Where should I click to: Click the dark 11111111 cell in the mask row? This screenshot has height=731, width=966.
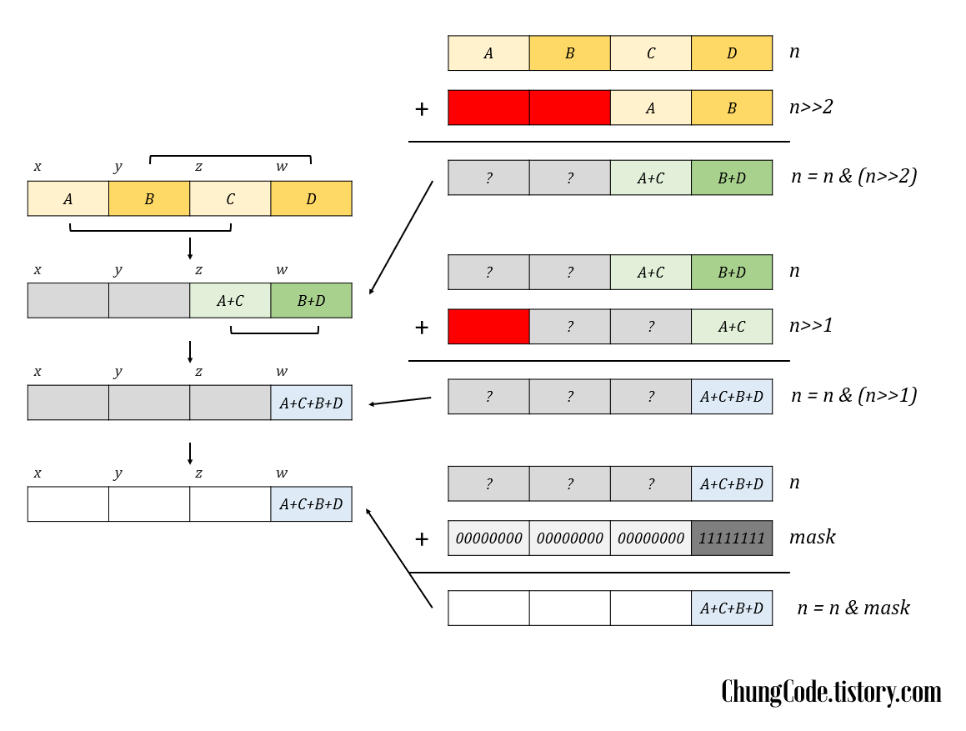tap(732, 538)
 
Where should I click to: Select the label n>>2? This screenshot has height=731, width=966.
tap(811, 107)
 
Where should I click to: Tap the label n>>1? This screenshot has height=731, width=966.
tap(811, 326)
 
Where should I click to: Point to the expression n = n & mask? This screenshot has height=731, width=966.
tap(853, 608)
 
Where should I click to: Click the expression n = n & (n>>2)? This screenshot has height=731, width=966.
tap(853, 177)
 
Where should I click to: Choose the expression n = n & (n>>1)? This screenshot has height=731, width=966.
tap(853, 395)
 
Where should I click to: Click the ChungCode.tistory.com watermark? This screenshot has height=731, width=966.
tap(831, 692)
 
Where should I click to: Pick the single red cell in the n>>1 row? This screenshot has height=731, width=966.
tap(488, 327)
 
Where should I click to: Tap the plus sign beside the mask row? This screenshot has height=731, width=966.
tap(422, 539)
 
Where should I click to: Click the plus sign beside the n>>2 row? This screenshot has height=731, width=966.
tap(422, 108)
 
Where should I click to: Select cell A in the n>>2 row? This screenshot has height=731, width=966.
tap(651, 108)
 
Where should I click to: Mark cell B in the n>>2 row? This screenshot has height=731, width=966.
tap(732, 108)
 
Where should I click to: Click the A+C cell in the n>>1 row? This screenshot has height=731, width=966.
tap(732, 327)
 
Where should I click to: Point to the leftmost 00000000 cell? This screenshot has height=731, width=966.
tap(488, 538)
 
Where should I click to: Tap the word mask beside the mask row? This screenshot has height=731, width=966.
tap(812, 538)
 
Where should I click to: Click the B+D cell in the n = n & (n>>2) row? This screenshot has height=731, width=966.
tap(732, 178)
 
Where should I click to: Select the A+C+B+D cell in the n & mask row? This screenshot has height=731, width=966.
tap(732, 608)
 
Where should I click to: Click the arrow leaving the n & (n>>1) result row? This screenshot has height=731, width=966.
tap(400, 401)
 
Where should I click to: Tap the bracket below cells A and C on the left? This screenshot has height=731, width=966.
tap(150, 228)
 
